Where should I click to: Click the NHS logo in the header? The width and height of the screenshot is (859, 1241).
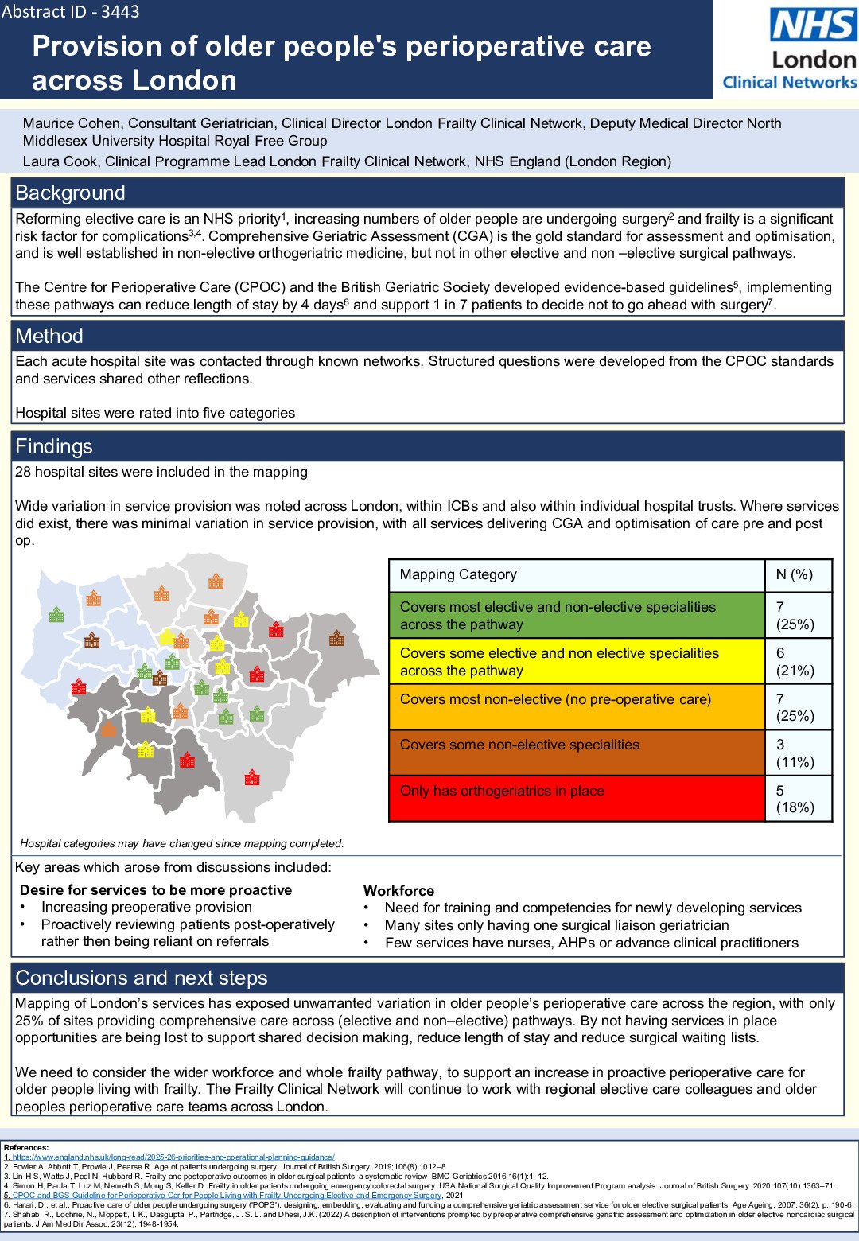[x=813, y=25]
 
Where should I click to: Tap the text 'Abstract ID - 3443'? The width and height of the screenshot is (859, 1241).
[x=71, y=11]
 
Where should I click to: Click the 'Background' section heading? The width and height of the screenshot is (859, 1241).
[x=70, y=193]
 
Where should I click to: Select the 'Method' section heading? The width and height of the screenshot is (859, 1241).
[x=49, y=336]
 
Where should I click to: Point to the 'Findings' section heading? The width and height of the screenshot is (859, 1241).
[x=54, y=446]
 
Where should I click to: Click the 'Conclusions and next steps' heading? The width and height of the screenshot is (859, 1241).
[x=142, y=978]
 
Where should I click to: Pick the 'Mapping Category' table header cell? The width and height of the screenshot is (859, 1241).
[x=458, y=574]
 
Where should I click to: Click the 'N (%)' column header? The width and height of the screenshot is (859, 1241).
[x=795, y=574]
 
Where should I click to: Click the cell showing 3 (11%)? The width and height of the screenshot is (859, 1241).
[x=795, y=753]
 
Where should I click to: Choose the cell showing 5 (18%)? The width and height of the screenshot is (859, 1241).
[x=795, y=799]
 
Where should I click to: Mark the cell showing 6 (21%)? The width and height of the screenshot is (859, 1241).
[x=795, y=662]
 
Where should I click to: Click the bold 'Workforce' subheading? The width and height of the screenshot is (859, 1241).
[x=398, y=891]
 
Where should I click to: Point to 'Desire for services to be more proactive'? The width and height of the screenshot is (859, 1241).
[x=156, y=890]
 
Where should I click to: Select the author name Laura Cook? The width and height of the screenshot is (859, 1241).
[x=60, y=161]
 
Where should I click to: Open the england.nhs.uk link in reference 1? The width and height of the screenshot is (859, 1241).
[x=172, y=1157]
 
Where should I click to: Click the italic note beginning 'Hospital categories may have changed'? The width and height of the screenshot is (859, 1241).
[x=182, y=843]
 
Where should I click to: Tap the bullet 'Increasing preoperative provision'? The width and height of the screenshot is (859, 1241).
[x=146, y=907]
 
